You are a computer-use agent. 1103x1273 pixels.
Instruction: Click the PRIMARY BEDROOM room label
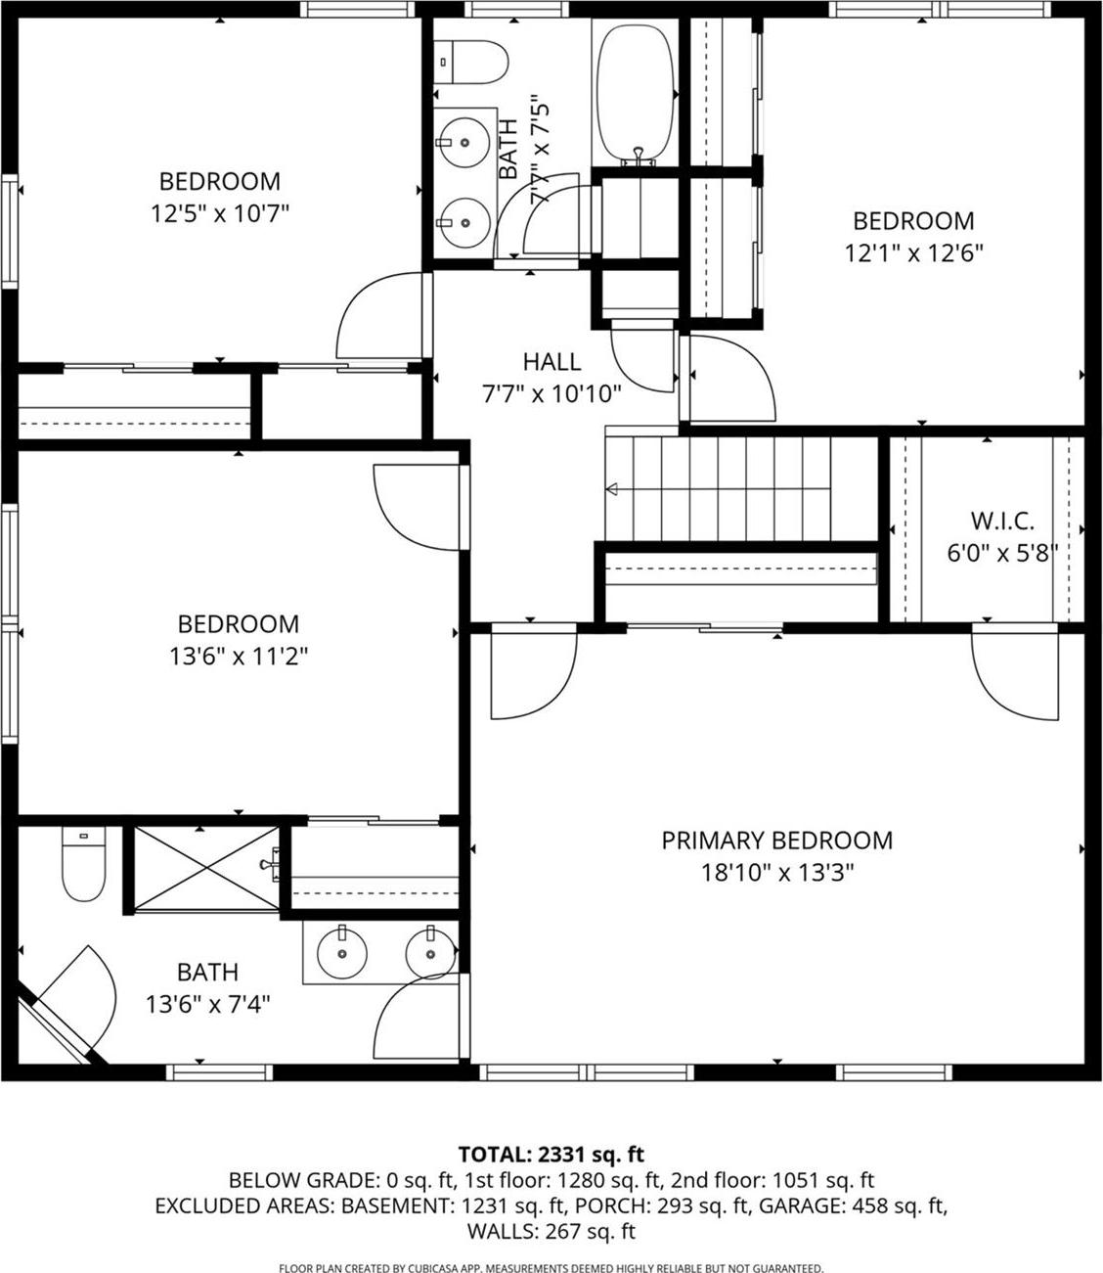click(776, 841)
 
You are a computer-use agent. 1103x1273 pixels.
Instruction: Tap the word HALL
click(551, 362)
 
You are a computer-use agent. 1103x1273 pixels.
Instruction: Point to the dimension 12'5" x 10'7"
click(220, 213)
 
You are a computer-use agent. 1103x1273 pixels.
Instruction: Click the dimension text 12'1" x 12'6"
click(913, 252)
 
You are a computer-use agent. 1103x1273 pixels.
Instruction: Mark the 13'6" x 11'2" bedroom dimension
click(239, 657)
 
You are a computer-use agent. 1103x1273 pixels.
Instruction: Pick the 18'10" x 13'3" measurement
click(777, 873)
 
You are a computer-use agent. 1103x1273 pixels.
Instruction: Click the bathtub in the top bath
click(637, 93)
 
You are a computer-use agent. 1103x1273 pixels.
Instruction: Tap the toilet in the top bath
click(471, 63)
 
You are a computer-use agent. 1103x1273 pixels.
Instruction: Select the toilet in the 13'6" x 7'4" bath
click(83, 864)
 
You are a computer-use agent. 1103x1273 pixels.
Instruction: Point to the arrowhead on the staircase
click(613, 489)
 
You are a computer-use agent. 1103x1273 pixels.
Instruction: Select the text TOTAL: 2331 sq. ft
click(551, 1155)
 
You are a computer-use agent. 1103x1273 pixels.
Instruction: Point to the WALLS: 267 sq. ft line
click(551, 1231)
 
